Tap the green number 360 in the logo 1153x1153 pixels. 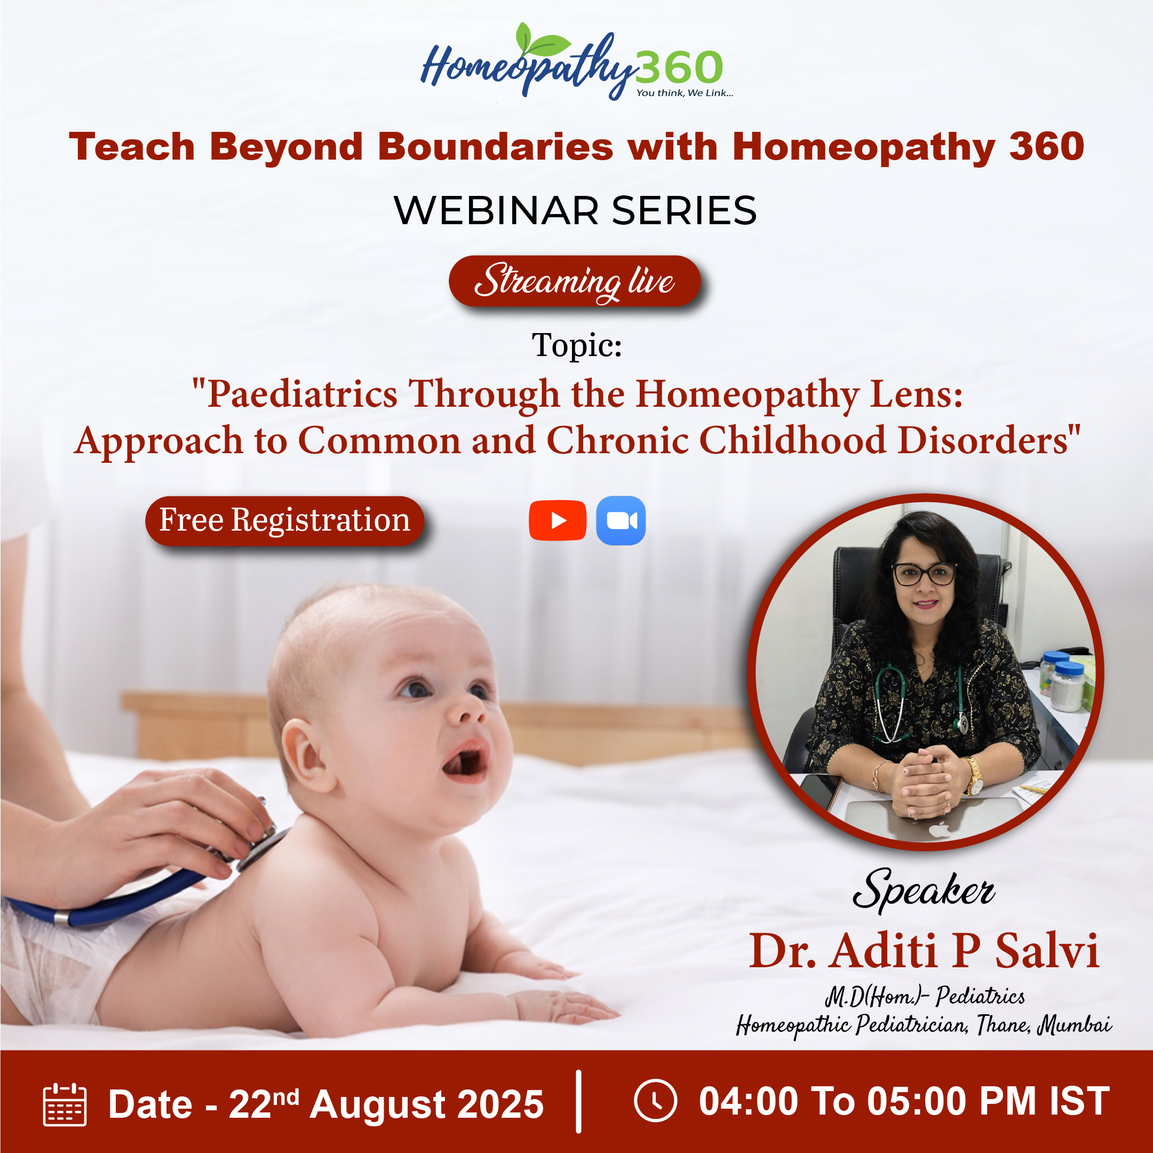(679, 67)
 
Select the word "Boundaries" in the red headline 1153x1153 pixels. (495, 146)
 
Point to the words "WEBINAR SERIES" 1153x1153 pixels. (575, 210)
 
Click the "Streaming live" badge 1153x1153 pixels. (574, 281)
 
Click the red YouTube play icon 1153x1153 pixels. (558, 520)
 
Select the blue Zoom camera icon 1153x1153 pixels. (621, 520)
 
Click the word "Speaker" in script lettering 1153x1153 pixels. (924, 890)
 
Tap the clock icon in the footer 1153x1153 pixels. (655, 1101)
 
